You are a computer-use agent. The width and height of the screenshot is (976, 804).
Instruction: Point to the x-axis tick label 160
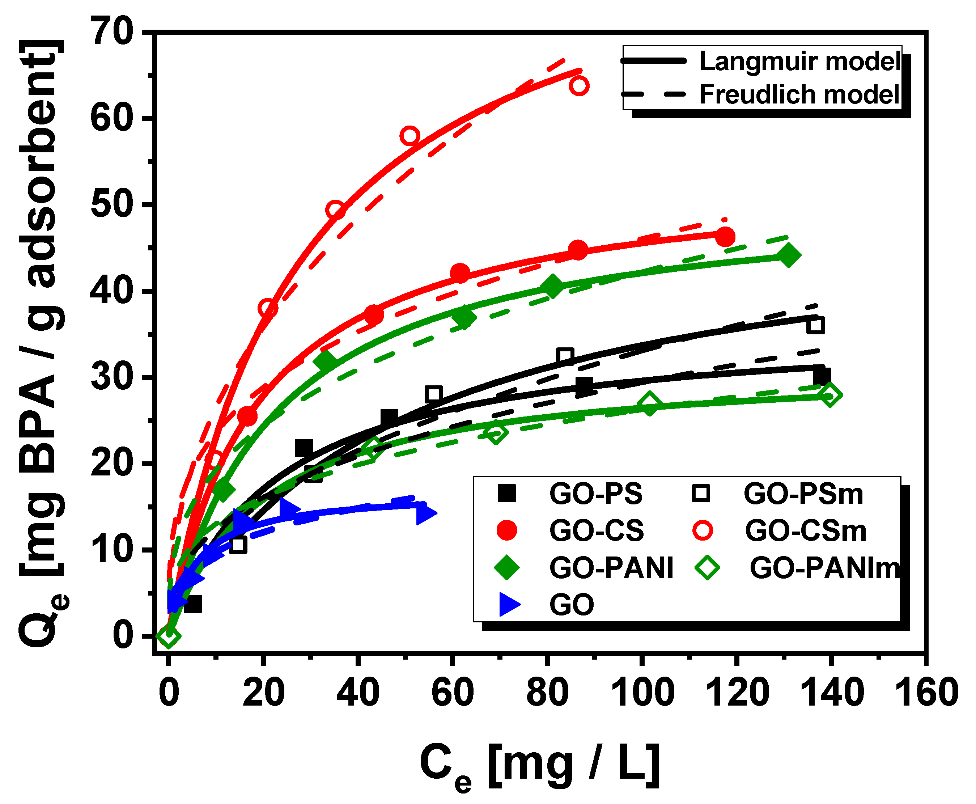click(x=926, y=693)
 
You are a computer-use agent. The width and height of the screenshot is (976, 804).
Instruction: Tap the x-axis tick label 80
click(x=547, y=693)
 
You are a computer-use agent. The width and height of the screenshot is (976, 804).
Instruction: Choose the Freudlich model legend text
click(x=799, y=94)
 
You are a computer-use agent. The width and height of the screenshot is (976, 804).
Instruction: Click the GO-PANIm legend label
click(x=824, y=568)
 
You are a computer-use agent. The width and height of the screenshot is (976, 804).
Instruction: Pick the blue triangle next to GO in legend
click(x=509, y=605)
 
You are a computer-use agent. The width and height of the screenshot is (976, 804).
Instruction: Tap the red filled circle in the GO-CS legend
click(x=506, y=530)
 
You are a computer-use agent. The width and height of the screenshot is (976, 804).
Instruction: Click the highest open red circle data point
click(x=579, y=86)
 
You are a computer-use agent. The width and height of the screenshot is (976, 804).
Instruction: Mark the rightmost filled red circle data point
click(x=725, y=237)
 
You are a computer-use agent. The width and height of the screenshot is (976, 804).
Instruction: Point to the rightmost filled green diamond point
click(x=789, y=255)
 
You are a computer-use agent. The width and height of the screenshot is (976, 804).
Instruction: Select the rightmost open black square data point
click(x=815, y=326)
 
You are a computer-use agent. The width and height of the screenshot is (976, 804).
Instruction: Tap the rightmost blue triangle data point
click(x=425, y=513)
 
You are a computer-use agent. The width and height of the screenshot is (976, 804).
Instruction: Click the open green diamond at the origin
click(x=169, y=636)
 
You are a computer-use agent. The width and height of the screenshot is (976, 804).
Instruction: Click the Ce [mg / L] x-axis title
click(x=539, y=766)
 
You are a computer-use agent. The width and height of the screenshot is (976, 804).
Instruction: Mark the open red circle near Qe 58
click(x=410, y=136)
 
